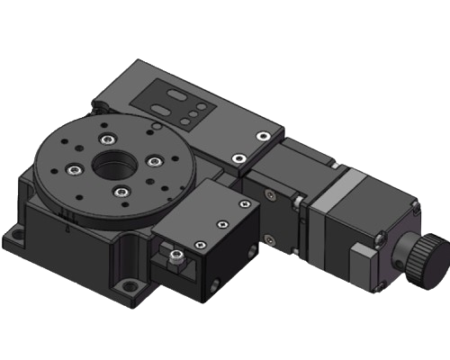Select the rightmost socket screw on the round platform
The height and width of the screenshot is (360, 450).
[x=154, y=161]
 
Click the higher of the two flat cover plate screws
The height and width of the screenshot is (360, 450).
[x=261, y=135]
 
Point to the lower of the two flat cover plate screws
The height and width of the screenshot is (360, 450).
[x=238, y=159]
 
